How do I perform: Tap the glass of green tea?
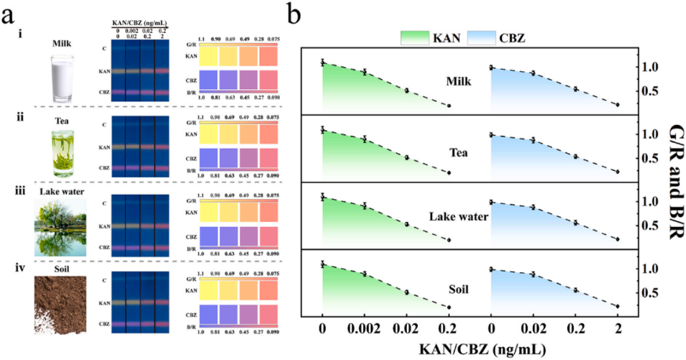63,152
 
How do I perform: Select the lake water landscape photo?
62,227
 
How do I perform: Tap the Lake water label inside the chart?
461,216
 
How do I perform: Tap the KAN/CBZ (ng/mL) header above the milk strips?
143,24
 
